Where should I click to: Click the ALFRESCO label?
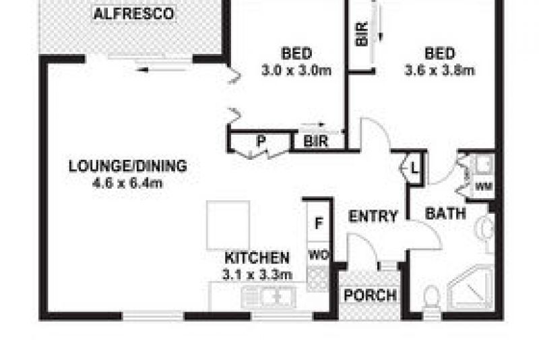point(133,13)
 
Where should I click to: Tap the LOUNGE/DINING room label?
point(127,166)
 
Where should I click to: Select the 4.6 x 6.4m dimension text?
point(127,182)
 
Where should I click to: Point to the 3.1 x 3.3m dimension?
point(257,274)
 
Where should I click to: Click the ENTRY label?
point(373,216)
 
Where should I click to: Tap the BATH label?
point(446,214)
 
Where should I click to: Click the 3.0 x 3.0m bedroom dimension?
point(296,69)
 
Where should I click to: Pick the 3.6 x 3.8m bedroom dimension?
point(440,69)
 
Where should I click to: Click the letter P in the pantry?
point(259,142)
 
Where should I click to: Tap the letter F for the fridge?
point(319,223)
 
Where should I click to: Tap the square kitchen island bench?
point(228,224)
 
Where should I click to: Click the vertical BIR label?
point(362,34)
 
